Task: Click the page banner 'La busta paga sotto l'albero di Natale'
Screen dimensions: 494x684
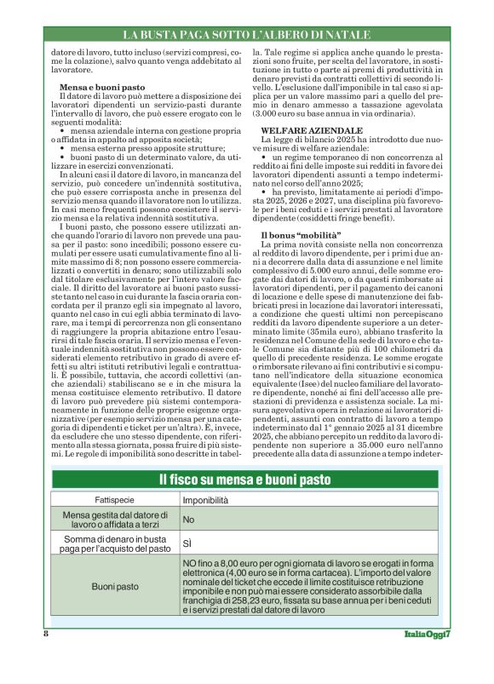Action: pyautogui.click(x=247, y=35)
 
